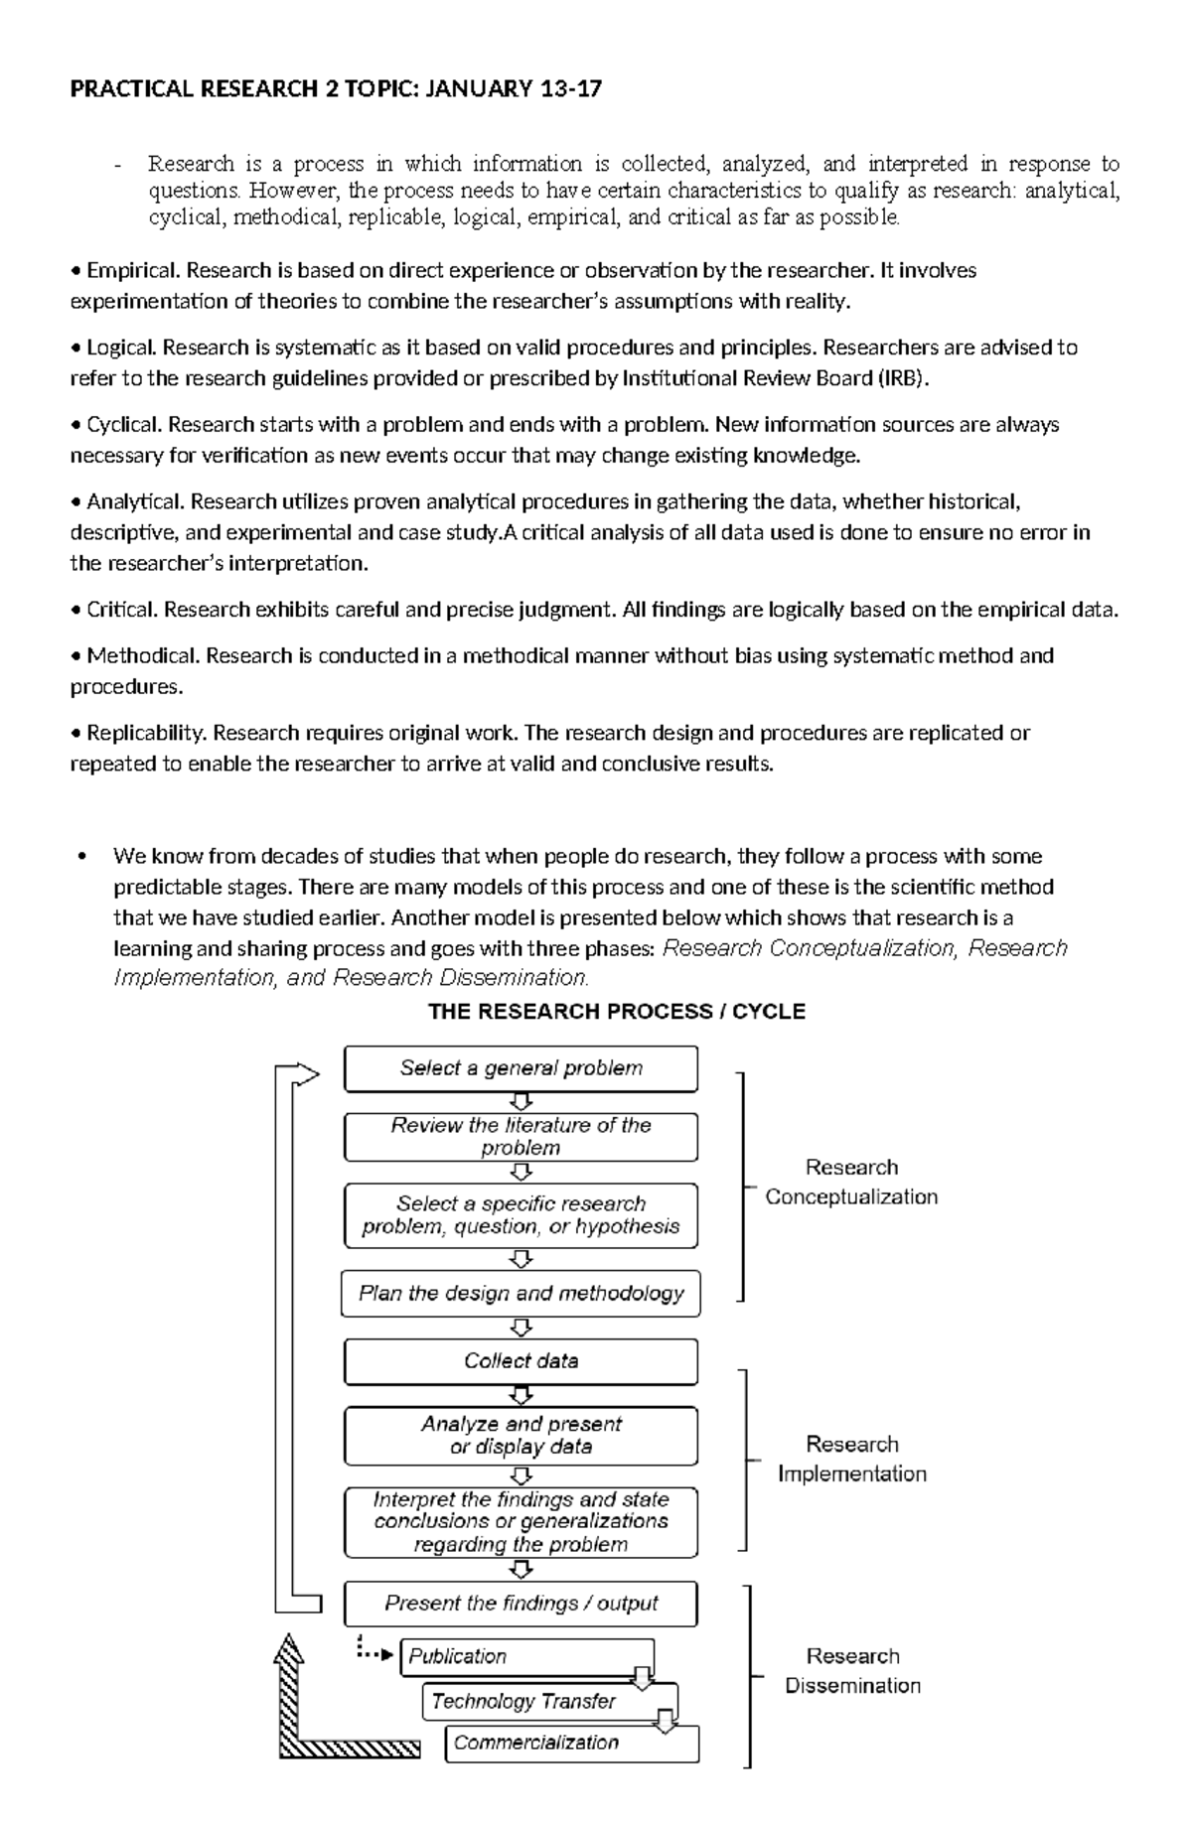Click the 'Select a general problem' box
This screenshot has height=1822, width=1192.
point(521,1068)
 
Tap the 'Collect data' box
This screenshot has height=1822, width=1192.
point(521,1361)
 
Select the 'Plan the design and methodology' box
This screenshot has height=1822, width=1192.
point(521,1294)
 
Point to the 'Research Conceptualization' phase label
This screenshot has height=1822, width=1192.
point(851,1182)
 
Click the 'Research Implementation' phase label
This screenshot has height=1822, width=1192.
point(851,1459)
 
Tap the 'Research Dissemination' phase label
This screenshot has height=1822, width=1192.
point(851,1670)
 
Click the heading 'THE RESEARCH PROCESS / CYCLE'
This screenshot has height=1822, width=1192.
point(616,1012)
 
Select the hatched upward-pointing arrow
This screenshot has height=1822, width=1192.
point(287,1688)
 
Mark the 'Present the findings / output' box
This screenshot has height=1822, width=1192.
point(521,1604)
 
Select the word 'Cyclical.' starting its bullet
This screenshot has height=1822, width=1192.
point(125,425)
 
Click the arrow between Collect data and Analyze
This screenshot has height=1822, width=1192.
point(521,1395)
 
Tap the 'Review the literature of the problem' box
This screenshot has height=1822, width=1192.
point(521,1136)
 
